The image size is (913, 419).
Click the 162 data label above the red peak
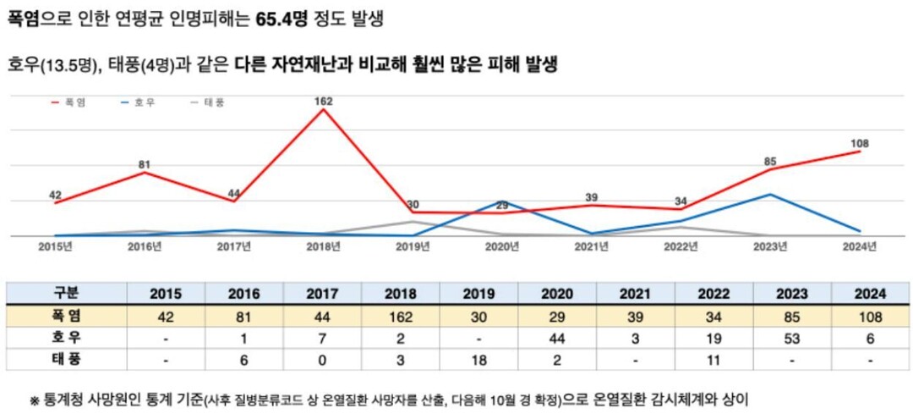point(322,102)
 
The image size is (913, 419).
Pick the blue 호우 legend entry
point(138,102)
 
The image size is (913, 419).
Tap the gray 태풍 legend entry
point(207,102)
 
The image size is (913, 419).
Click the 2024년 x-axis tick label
point(860,246)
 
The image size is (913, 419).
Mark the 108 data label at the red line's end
point(860,144)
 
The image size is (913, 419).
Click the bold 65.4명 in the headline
point(285,18)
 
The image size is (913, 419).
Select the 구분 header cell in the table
point(66,294)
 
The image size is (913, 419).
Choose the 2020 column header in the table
point(557,294)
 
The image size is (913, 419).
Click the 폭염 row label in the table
point(66,317)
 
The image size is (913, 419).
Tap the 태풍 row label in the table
point(66,360)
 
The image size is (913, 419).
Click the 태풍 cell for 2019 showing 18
point(479,360)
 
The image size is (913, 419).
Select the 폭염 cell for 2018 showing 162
point(400,317)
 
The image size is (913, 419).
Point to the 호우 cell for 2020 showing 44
point(557,339)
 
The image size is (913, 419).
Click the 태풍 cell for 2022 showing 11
point(713,360)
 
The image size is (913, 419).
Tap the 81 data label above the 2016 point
point(145,165)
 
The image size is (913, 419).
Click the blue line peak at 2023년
point(770,195)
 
